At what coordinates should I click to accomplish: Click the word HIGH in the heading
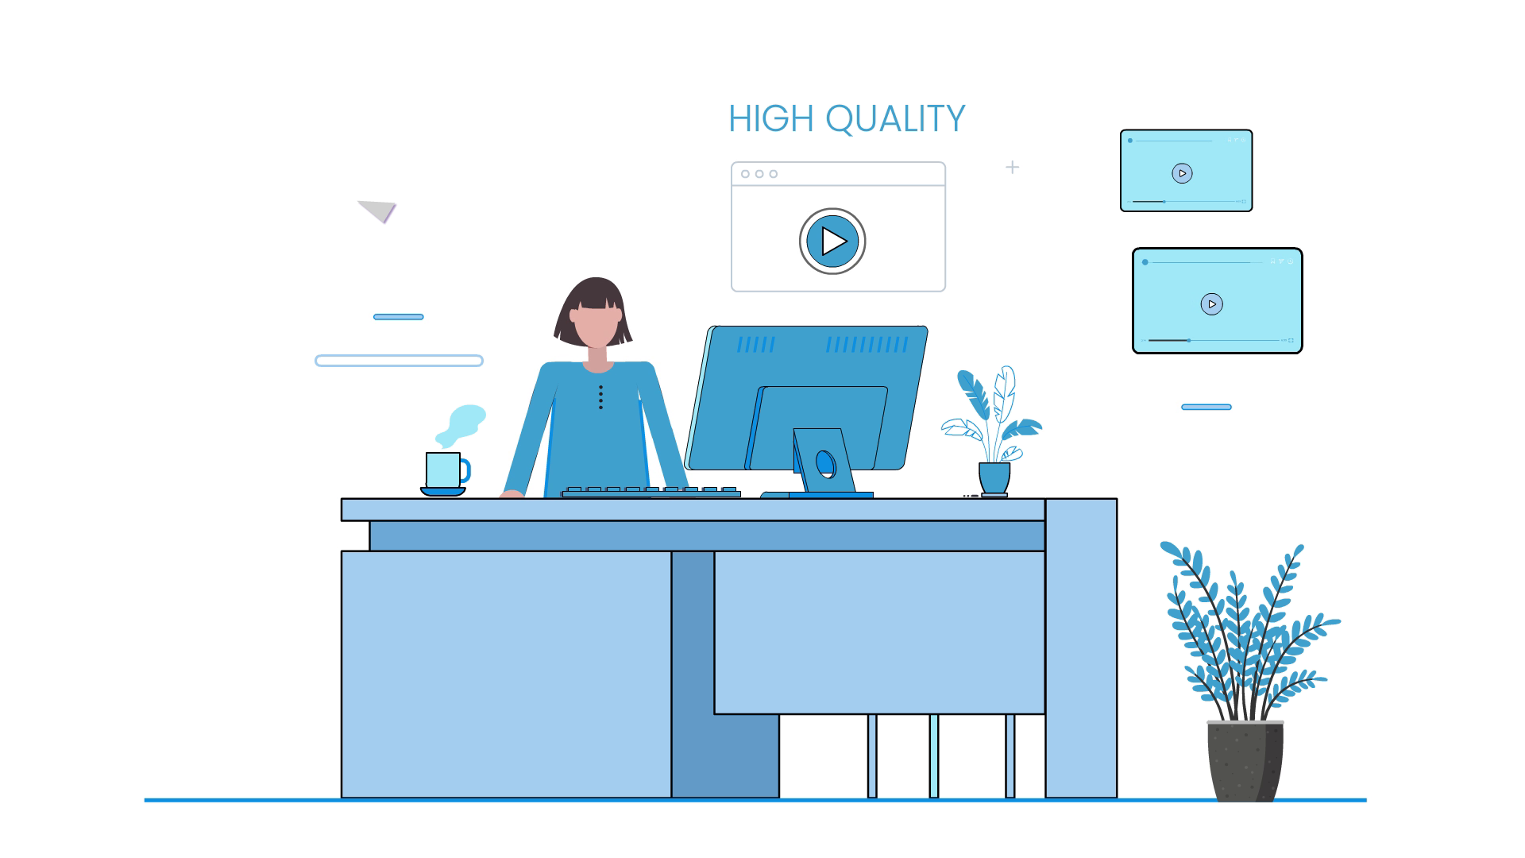(771, 119)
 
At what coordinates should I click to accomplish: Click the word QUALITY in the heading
(895, 120)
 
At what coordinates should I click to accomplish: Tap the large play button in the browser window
(832, 241)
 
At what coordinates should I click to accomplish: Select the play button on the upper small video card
(1182, 173)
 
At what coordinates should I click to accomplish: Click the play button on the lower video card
(1211, 304)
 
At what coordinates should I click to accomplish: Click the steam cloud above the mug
(461, 425)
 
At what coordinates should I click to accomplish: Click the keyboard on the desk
(651, 492)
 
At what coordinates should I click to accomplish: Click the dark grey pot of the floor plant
(1245, 760)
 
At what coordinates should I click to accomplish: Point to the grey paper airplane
(378, 211)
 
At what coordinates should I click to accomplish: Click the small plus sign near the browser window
(1012, 167)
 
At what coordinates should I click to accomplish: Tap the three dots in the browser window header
(759, 174)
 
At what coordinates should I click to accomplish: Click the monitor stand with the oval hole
(825, 463)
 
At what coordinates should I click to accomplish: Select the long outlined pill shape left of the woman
(399, 361)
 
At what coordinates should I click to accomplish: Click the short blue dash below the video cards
(1206, 407)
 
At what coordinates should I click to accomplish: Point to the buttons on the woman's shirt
(600, 397)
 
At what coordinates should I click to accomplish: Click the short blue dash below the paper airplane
(398, 317)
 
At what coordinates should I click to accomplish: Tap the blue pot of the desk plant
(994, 478)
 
